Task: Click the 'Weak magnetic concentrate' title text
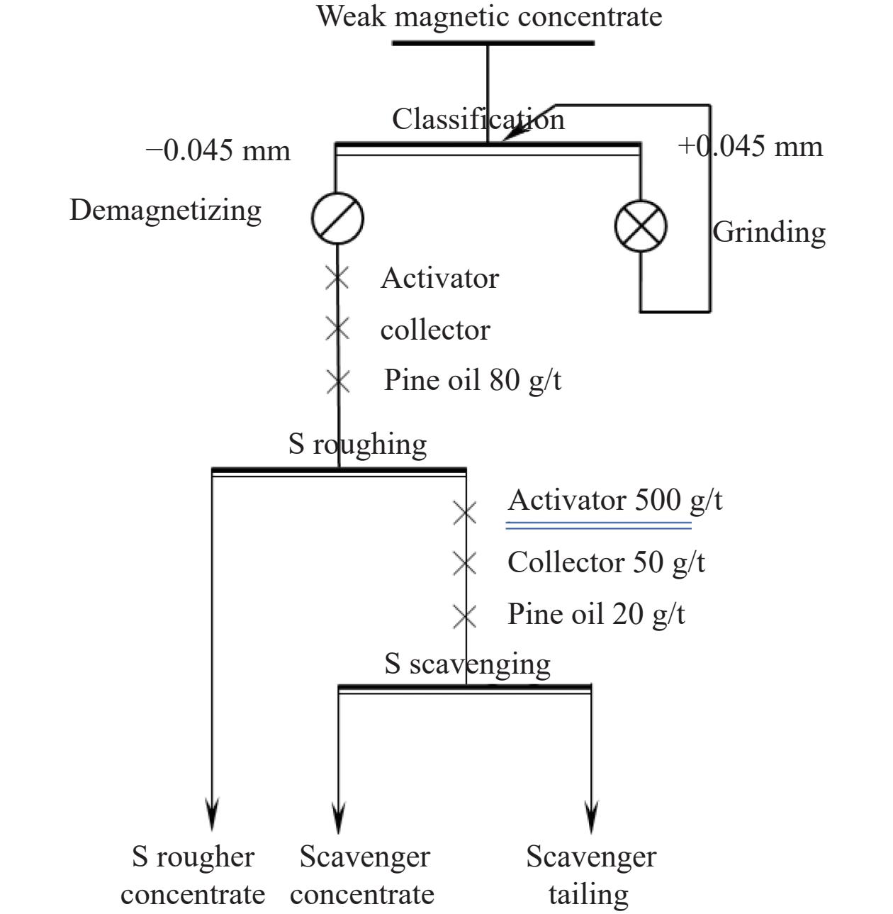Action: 489,18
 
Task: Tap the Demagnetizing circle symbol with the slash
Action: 337,218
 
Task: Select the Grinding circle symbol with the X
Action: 641,226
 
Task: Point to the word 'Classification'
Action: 478,119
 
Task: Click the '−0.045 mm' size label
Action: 218,150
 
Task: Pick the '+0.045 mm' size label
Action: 750,146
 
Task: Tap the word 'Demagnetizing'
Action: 165,211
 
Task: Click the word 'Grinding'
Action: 769,233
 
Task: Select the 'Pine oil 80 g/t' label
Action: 472,380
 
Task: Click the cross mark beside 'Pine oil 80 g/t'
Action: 338,381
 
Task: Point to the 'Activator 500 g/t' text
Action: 614,500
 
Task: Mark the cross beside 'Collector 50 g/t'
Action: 465,563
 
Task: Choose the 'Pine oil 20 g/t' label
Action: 596,614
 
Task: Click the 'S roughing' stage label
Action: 357,444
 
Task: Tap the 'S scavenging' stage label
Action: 467,664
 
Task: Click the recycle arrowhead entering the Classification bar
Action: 514,133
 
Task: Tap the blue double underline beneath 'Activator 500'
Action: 599,525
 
